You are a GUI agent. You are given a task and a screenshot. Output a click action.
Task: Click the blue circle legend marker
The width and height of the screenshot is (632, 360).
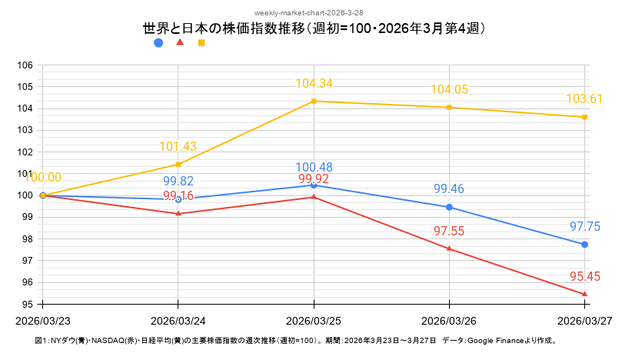pyautogui.click(x=158, y=43)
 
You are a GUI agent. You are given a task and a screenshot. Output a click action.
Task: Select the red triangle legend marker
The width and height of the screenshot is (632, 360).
pyautogui.click(x=180, y=42)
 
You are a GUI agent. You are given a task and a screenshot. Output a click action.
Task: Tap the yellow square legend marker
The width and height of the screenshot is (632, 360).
pyautogui.click(x=201, y=43)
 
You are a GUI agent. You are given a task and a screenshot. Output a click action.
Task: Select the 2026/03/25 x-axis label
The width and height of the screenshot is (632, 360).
pyautogui.click(x=314, y=319)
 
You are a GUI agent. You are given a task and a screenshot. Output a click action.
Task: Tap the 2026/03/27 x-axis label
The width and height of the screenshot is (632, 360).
pyautogui.click(x=584, y=319)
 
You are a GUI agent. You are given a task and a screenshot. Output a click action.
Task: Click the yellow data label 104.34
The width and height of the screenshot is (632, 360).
pyautogui.click(x=314, y=84)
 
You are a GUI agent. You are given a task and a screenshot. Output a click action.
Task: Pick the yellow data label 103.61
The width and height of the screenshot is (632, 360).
pyautogui.click(x=584, y=99)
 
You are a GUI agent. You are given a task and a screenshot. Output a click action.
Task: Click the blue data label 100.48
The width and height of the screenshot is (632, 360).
pyautogui.click(x=314, y=168)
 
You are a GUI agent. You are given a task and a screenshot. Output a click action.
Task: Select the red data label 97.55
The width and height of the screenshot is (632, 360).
pyautogui.click(x=449, y=231)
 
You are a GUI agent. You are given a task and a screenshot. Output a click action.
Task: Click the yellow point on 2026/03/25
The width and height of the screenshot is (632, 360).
pyautogui.click(x=314, y=101)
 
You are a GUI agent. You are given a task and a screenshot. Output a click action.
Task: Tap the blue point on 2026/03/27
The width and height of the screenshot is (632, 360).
pyautogui.click(x=584, y=245)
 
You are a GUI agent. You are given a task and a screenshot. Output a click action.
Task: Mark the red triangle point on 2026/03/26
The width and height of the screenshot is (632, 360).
pyautogui.click(x=449, y=248)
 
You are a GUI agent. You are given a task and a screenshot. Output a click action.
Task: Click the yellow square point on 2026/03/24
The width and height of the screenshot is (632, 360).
pyautogui.click(x=178, y=165)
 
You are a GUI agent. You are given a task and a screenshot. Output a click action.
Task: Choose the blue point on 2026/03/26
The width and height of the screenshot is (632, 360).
pyautogui.click(x=449, y=207)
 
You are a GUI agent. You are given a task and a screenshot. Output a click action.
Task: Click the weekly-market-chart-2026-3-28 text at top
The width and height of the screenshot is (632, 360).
pyautogui.click(x=315, y=13)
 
